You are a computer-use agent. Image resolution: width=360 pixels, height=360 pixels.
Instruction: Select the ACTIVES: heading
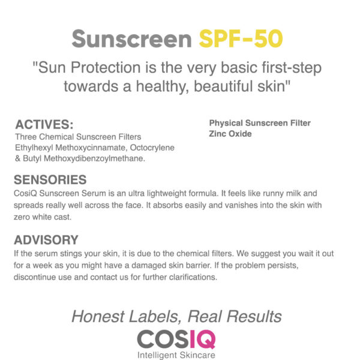[x=44, y=125]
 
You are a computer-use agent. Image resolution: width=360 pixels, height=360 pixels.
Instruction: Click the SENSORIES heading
[x=50, y=180]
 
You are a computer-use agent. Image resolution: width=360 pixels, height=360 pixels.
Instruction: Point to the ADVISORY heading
[x=46, y=240]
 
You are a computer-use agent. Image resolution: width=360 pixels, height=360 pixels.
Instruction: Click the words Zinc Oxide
[x=230, y=134]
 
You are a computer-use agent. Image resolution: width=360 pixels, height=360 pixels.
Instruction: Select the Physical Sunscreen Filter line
[x=260, y=123]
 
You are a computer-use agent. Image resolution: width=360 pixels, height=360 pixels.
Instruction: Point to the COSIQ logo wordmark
[x=176, y=339]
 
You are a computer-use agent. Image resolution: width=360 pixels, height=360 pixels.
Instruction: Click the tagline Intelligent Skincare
[x=176, y=355]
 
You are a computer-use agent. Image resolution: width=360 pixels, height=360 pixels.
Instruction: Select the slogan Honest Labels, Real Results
[x=176, y=316]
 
